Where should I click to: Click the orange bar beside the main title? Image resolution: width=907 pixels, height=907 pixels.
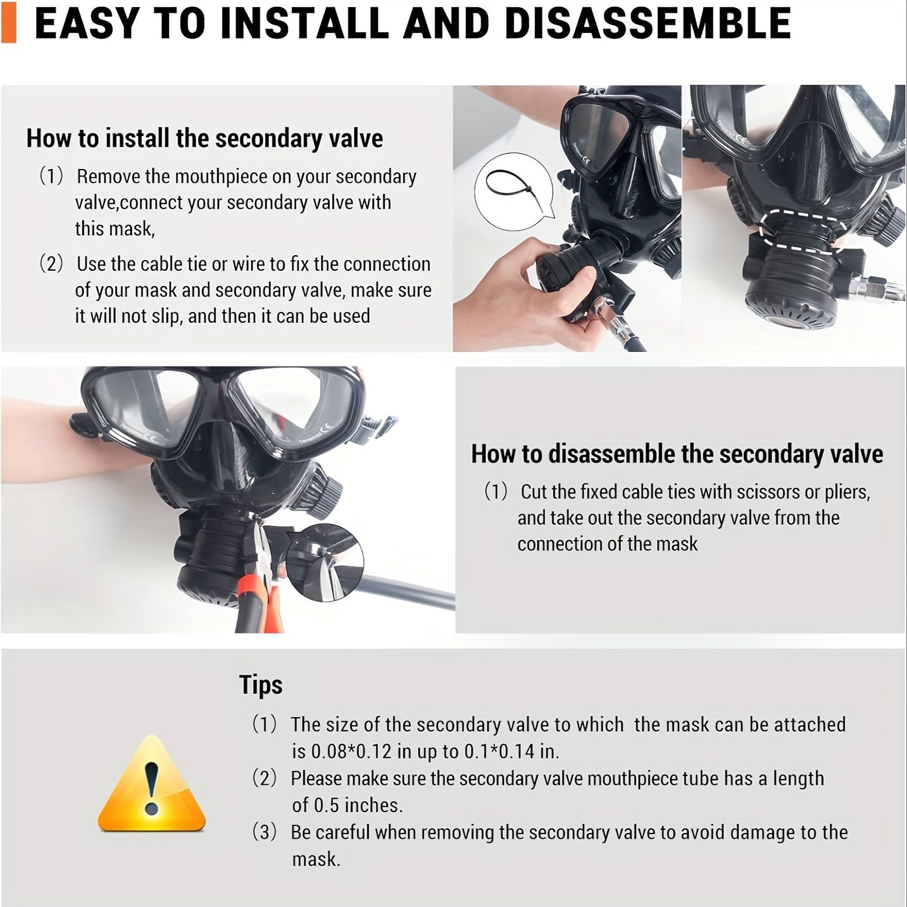(x=8, y=22)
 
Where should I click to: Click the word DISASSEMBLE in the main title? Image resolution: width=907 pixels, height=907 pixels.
(x=647, y=23)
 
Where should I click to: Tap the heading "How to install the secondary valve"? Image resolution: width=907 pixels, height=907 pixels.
(x=204, y=139)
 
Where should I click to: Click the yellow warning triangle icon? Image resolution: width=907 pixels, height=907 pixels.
(x=151, y=784)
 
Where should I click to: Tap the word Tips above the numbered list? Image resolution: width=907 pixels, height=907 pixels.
(x=261, y=684)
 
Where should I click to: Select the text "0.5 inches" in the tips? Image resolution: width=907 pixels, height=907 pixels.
(x=358, y=805)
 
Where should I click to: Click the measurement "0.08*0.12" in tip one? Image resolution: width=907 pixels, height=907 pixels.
(x=352, y=752)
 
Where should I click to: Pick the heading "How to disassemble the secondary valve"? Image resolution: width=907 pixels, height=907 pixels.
(x=677, y=454)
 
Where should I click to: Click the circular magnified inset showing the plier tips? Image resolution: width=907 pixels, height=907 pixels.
(x=325, y=563)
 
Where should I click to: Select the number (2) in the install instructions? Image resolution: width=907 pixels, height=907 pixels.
(x=51, y=263)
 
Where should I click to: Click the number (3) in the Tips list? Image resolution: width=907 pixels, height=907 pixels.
(x=265, y=832)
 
